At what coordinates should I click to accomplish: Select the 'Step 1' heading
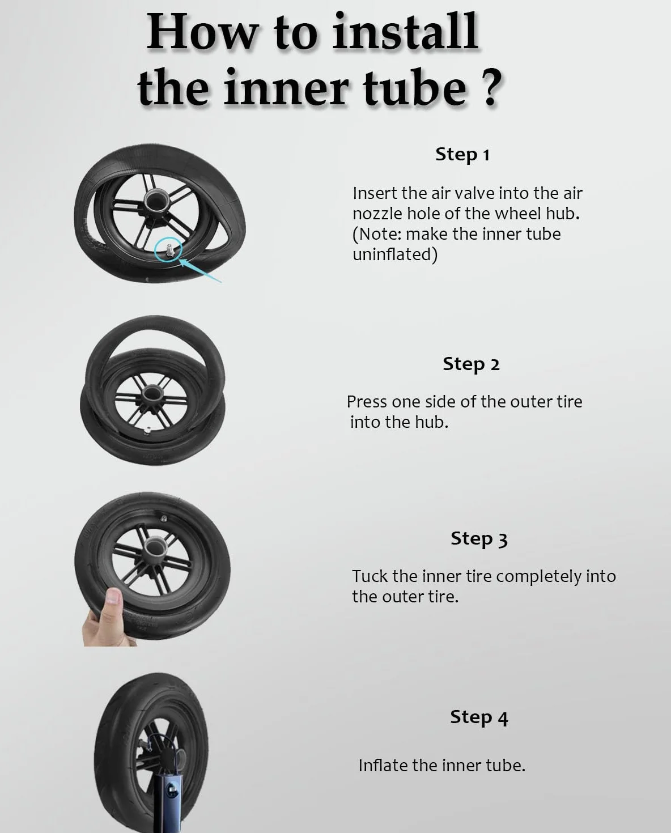pyautogui.click(x=462, y=155)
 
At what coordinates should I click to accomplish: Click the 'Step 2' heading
pyautogui.click(x=471, y=364)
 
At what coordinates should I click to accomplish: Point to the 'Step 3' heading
pyautogui.click(x=479, y=539)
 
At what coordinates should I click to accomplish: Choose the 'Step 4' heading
pyautogui.click(x=479, y=717)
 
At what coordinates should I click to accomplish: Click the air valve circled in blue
pyautogui.click(x=169, y=250)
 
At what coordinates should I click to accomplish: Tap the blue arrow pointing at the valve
pyautogui.click(x=201, y=270)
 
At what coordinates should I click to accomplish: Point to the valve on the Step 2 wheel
pyautogui.click(x=147, y=431)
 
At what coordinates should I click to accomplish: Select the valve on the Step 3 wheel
pyautogui.click(x=164, y=518)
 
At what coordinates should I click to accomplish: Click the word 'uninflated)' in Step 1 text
pyautogui.click(x=395, y=254)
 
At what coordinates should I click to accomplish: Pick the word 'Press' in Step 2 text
pyautogui.click(x=367, y=402)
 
